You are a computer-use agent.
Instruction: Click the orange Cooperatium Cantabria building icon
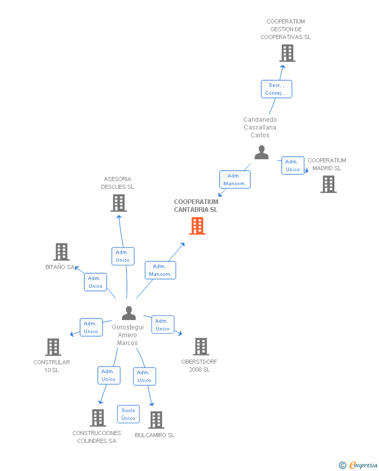(x=197, y=226)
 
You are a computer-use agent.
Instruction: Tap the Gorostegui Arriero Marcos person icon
(x=129, y=313)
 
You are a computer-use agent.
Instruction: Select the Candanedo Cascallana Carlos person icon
(x=261, y=152)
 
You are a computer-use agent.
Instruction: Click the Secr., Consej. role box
(x=276, y=89)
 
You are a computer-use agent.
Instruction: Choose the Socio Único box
(x=129, y=414)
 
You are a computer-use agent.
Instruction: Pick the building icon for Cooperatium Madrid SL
(x=329, y=184)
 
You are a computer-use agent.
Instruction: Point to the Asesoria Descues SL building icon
(x=119, y=203)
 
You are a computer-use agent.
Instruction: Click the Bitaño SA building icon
(x=61, y=252)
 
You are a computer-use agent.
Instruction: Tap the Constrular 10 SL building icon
(x=53, y=347)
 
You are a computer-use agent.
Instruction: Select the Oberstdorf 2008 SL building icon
(x=201, y=347)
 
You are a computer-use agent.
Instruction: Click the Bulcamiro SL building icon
(x=156, y=420)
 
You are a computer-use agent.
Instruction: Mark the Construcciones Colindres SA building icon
(x=98, y=418)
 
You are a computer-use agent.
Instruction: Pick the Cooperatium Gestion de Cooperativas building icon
(x=287, y=53)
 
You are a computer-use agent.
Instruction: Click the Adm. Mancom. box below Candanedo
(x=235, y=180)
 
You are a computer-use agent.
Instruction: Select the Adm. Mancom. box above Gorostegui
(x=160, y=270)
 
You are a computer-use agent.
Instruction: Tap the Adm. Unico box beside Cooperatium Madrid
(x=293, y=166)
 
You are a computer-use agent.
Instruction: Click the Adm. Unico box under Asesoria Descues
(x=123, y=256)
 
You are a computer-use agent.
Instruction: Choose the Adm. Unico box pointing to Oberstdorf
(x=163, y=325)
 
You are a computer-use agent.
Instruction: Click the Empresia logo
(x=358, y=465)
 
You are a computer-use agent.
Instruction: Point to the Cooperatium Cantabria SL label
(x=196, y=206)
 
